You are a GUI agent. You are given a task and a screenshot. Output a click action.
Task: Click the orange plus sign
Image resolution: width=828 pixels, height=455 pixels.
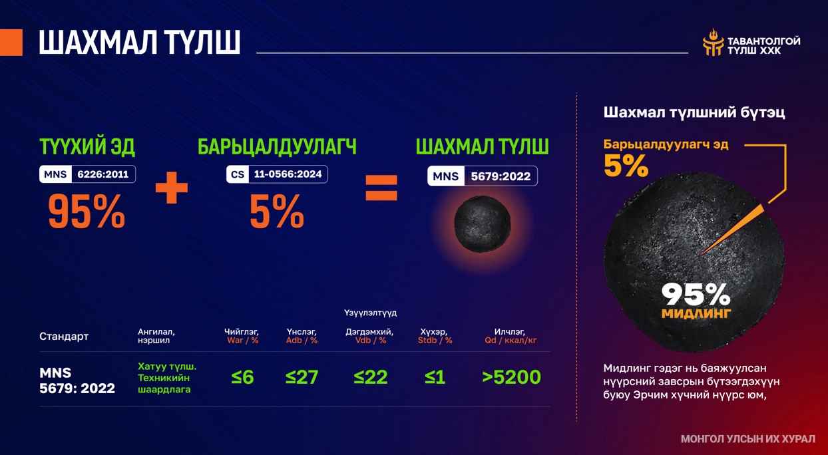172,188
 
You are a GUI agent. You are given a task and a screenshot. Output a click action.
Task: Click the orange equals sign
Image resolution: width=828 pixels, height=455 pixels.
381,188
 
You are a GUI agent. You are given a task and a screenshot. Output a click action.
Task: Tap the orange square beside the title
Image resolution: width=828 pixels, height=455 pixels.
11,43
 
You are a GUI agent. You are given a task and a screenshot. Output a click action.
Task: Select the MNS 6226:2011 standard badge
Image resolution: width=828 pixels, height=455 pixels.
87,174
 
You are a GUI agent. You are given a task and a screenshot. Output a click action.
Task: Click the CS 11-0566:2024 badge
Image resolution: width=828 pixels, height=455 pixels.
277,174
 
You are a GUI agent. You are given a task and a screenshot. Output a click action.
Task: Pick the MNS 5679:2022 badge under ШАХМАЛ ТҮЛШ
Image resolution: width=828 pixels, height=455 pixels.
483,176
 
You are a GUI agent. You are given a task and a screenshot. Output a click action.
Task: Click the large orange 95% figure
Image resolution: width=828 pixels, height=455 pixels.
87,212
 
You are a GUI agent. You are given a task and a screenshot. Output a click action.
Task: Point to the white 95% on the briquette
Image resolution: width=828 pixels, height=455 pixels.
696,294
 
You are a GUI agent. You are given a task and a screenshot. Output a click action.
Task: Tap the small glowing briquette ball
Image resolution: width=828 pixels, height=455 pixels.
483,224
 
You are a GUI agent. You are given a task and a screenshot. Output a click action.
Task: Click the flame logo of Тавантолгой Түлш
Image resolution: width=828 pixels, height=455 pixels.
713,43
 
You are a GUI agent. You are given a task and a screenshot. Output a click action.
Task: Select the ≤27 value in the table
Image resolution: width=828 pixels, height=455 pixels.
302,377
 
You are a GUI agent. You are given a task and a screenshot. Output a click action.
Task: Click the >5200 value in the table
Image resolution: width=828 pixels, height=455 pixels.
511,377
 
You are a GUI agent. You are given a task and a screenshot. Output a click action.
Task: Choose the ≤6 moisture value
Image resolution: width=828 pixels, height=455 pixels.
242,377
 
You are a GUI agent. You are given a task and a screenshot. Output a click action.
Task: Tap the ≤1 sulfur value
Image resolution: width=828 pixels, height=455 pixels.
435,377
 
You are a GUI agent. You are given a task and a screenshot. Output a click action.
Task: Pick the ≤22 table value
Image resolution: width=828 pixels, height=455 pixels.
370,377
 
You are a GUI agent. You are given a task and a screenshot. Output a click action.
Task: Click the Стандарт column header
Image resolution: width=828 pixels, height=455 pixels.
64,337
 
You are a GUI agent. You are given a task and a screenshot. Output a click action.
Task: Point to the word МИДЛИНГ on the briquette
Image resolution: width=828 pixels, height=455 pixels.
696,313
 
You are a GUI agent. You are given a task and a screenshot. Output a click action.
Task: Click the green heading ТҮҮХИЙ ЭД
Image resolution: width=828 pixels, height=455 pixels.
87,147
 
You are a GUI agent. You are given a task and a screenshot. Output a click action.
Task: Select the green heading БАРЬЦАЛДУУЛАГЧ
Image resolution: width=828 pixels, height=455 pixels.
277,147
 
